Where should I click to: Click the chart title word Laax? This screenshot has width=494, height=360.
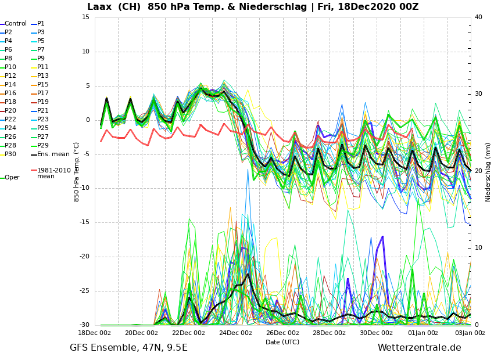[102, 7]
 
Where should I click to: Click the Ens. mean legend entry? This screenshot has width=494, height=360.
[53, 154]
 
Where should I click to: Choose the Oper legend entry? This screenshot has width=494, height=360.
[12, 178]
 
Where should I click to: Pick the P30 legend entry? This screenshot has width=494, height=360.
[10, 154]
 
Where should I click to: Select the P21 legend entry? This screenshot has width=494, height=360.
[43, 111]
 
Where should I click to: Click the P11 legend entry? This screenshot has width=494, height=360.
[43, 67]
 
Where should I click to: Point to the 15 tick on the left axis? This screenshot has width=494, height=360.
[85, 17]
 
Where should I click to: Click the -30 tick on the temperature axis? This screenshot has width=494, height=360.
[84, 325]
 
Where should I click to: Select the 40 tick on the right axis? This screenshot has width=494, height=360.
[478, 17]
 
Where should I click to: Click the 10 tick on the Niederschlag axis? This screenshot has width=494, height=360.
[478, 248]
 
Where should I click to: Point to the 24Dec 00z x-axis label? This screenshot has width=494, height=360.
[235, 333]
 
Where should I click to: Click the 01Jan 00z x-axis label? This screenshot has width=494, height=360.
[423, 333]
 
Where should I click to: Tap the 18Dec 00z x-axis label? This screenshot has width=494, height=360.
[94, 333]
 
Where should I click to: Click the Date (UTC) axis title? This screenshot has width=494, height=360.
[282, 342]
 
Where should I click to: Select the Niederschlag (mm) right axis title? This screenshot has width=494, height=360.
[488, 172]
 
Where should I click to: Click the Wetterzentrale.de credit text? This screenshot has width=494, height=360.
[419, 348]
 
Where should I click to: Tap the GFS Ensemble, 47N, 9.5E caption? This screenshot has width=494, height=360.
[129, 348]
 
